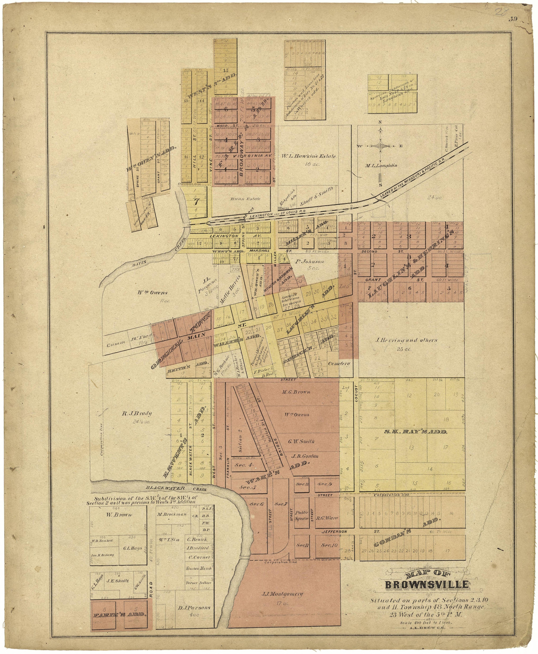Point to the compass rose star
380,146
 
